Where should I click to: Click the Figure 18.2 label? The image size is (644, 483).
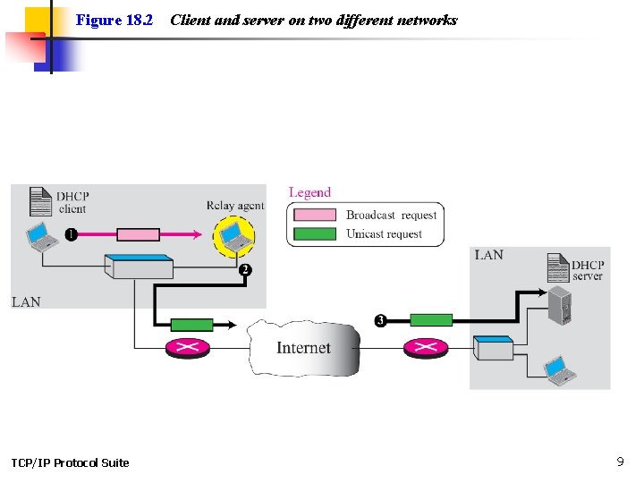point(114,20)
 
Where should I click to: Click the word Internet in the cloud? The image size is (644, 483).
point(303,348)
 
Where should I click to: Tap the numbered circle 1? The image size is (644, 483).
point(71,234)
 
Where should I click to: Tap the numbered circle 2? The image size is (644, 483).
point(245,269)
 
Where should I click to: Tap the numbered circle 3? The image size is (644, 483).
point(380,320)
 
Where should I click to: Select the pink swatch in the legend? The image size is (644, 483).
point(316,215)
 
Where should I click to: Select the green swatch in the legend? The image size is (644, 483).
point(316,234)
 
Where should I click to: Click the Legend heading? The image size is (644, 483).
point(309,192)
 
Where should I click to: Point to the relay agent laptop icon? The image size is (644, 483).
point(234,236)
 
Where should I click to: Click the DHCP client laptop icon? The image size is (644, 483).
point(39,237)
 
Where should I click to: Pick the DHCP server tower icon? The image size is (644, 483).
point(560,304)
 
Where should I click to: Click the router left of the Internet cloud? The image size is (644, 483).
point(187,347)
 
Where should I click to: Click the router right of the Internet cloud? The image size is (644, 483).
point(425,347)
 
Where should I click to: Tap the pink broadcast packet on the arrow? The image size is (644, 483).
point(139,234)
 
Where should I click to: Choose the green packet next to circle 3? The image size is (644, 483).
point(432,320)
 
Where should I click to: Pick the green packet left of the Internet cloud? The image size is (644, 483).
point(192,325)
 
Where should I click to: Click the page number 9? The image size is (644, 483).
point(620,462)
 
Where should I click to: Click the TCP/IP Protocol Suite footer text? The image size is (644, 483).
point(70,462)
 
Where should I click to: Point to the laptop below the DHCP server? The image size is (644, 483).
point(560,369)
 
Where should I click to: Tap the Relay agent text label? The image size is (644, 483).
point(235,205)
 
